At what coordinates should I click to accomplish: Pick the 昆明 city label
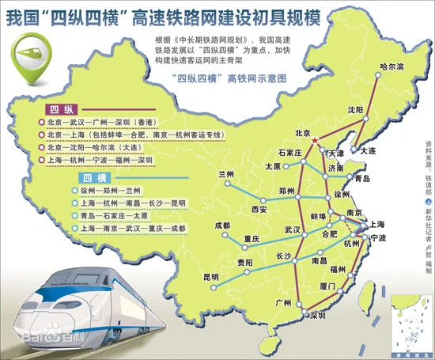[x=211, y=278]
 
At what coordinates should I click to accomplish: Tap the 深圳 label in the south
[x=319, y=314]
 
